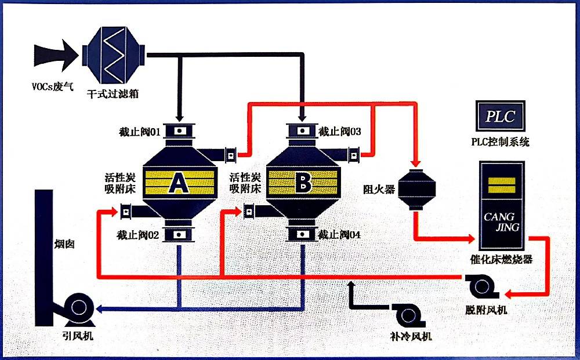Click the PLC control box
[500, 115]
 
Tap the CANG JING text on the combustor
[501, 222]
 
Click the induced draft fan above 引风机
[77, 310]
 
